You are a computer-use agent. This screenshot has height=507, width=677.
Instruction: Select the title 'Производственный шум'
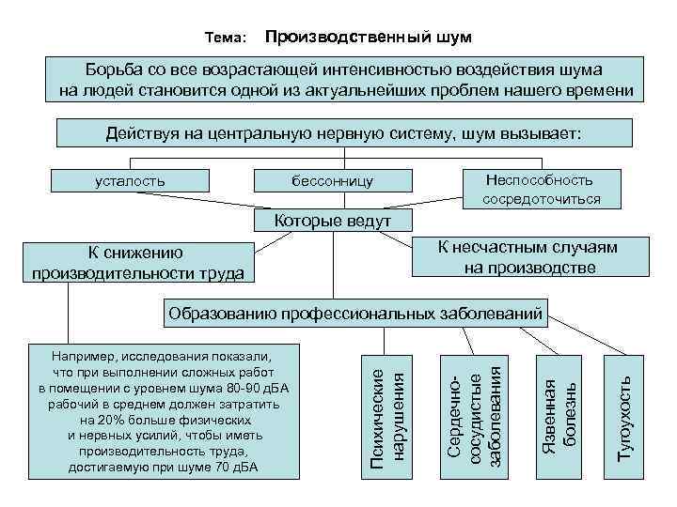click(x=368, y=38)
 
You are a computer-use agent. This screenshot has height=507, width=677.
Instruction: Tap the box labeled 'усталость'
click(x=132, y=180)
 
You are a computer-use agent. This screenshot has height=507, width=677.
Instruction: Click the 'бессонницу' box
click(x=333, y=180)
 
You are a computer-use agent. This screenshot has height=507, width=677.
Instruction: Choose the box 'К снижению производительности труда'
click(x=138, y=263)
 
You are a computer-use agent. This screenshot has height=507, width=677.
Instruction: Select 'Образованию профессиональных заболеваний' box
click(x=354, y=312)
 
